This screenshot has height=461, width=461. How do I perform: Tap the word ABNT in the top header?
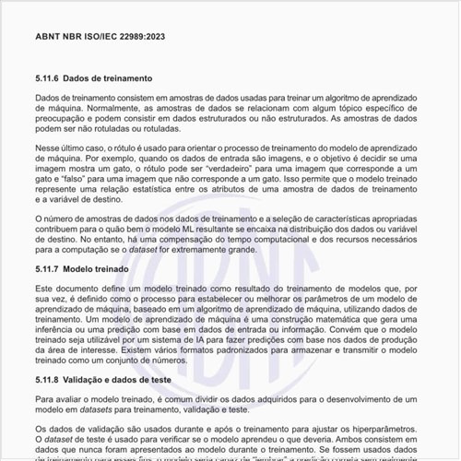pyautogui.click(x=49, y=37)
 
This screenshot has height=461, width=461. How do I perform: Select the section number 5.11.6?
pyautogui.click(x=49, y=79)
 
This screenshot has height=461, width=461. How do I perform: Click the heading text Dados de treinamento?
pyautogui.click(x=112, y=79)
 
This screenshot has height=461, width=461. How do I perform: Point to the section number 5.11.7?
pyautogui.click(x=49, y=269)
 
